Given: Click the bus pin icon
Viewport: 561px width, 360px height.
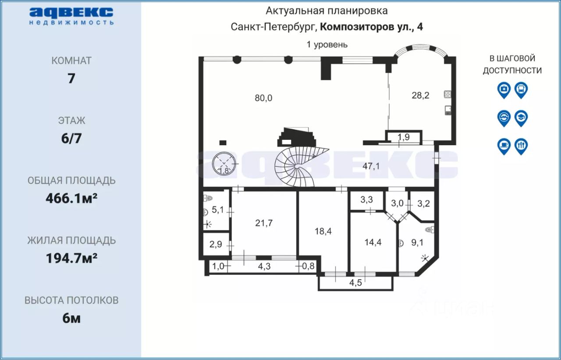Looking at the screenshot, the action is tap(521, 90).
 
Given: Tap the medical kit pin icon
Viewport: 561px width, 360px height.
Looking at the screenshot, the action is tap(504, 90).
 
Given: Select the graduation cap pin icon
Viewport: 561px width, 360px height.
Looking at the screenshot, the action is tap(521, 118).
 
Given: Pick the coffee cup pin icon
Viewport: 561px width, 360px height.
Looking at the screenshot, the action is tap(504, 146).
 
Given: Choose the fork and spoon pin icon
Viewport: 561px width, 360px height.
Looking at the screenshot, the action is tap(521, 146).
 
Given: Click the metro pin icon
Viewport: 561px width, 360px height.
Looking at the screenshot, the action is tap(504, 118).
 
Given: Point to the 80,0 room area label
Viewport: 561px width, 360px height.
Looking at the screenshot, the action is tap(263, 98).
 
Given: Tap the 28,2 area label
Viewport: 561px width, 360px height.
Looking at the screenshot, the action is tap(420, 96).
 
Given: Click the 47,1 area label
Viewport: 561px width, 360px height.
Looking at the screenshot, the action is tap(371, 166).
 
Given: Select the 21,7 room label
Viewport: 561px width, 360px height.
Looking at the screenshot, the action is tap(264, 223).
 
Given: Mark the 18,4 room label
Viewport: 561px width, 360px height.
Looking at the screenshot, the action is tap(323, 231).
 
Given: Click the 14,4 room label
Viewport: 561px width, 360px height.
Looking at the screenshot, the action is tap(373, 242).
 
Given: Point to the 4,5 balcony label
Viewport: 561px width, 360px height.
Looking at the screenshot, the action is tap(355, 282).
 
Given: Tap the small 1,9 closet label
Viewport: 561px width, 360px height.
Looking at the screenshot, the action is tap(404, 137).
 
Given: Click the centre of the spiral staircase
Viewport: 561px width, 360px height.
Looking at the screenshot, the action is tap(297, 166).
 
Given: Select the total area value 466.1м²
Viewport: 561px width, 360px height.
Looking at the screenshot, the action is tap(71, 198).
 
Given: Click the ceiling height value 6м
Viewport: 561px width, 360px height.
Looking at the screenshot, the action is tap(71, 318).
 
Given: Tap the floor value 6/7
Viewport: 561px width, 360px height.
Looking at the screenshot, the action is tap(71, 139).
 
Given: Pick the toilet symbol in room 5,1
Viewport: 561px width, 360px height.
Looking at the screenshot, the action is tap(208, 198).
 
